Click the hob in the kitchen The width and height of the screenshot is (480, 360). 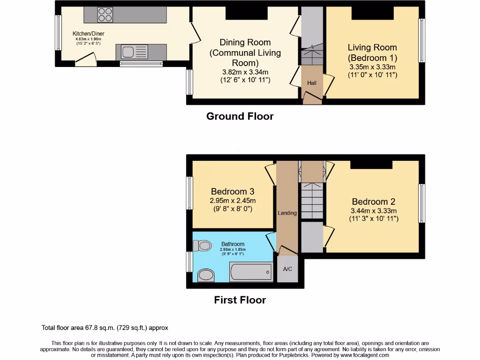click(105, 15)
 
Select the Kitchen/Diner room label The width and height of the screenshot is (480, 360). click(88, 34)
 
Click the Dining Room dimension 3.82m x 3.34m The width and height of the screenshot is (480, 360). click(245, 72)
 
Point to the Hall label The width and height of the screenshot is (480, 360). click(312, 83)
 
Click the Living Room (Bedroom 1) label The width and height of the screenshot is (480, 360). click(372, 52)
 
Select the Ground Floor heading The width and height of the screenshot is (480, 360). click(240, 116)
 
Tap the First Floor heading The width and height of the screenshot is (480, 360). click(240, 300)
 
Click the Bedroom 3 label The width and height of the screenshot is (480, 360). click(232, 191)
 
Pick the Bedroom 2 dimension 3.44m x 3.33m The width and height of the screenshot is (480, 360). click(374, 210)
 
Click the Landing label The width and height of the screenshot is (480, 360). click(287, 213)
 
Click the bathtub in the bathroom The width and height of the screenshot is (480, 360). click(250, 271)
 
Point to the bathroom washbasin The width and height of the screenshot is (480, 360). click(205, 275)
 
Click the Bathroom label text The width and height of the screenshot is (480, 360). click(233, 244)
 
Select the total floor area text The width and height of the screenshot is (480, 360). click(105, 328)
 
